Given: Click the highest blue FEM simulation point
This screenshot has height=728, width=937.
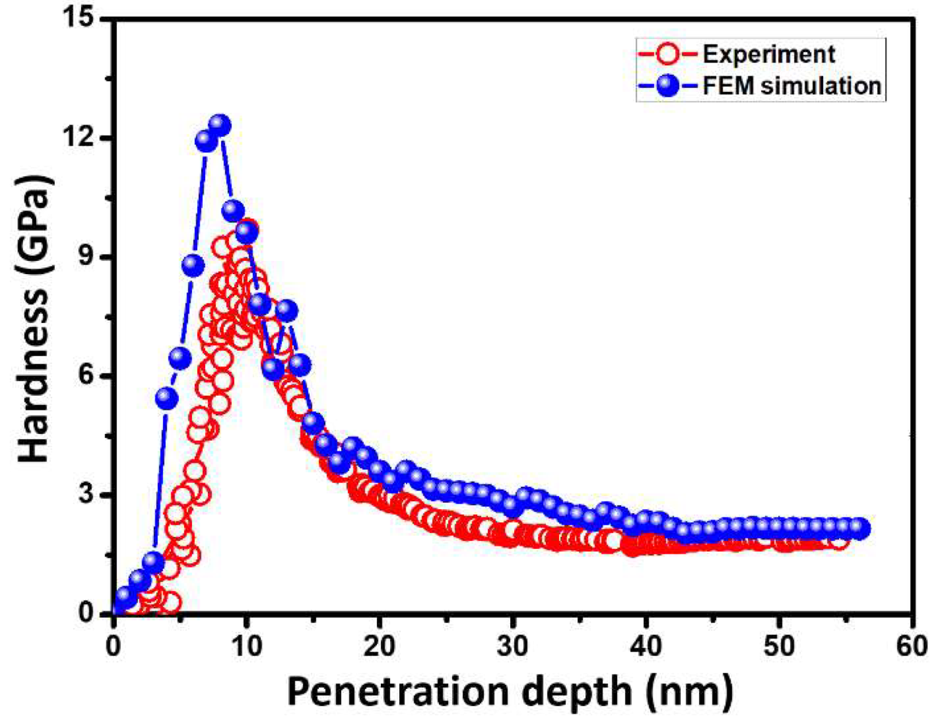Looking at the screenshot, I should pos(219,125).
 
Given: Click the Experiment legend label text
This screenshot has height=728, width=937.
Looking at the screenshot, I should pos(769,55).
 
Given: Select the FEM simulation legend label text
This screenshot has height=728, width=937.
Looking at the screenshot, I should pos(792,86).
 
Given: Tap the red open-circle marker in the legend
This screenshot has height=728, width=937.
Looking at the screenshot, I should pos(669,55).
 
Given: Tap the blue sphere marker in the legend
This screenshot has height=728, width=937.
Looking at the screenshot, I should pos(669,86).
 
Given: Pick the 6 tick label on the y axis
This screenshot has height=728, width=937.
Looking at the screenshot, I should pos(92,376).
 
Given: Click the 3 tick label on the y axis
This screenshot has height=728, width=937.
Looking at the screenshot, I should pos(92,495).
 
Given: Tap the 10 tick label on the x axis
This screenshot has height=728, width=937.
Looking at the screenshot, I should pos(246,647).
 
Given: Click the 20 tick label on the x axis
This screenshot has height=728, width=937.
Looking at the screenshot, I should pos(379,647).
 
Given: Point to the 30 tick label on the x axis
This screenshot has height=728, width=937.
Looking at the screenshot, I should pos(512,647).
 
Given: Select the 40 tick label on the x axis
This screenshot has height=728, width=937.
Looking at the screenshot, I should pos(646,647).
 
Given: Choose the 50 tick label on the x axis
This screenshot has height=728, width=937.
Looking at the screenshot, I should pos(779,647).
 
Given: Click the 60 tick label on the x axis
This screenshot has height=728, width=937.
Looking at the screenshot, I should pos(912,647).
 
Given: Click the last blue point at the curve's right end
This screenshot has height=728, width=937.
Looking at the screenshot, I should pos(859,528).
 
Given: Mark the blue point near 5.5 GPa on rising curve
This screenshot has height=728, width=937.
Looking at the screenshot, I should pos(167,398).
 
